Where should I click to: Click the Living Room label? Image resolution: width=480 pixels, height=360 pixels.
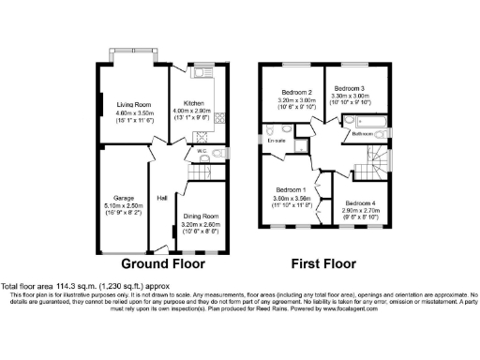pyautogui.click(x=134, y=104)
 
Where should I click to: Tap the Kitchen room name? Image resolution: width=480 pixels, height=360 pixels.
pyautogui.click(x=194, y=103)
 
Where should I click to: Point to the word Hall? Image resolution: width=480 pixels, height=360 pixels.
pyautogui.click(x=162, y=198)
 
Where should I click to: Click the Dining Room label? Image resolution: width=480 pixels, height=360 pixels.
pyautogui.click(x=202, y=217)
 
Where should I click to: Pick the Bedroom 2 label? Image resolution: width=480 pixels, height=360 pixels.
pyautogui.click(x=296, y=92)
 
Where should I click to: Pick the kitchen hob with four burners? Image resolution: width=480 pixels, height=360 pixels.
pyautogui.click(x=221, y=118)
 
